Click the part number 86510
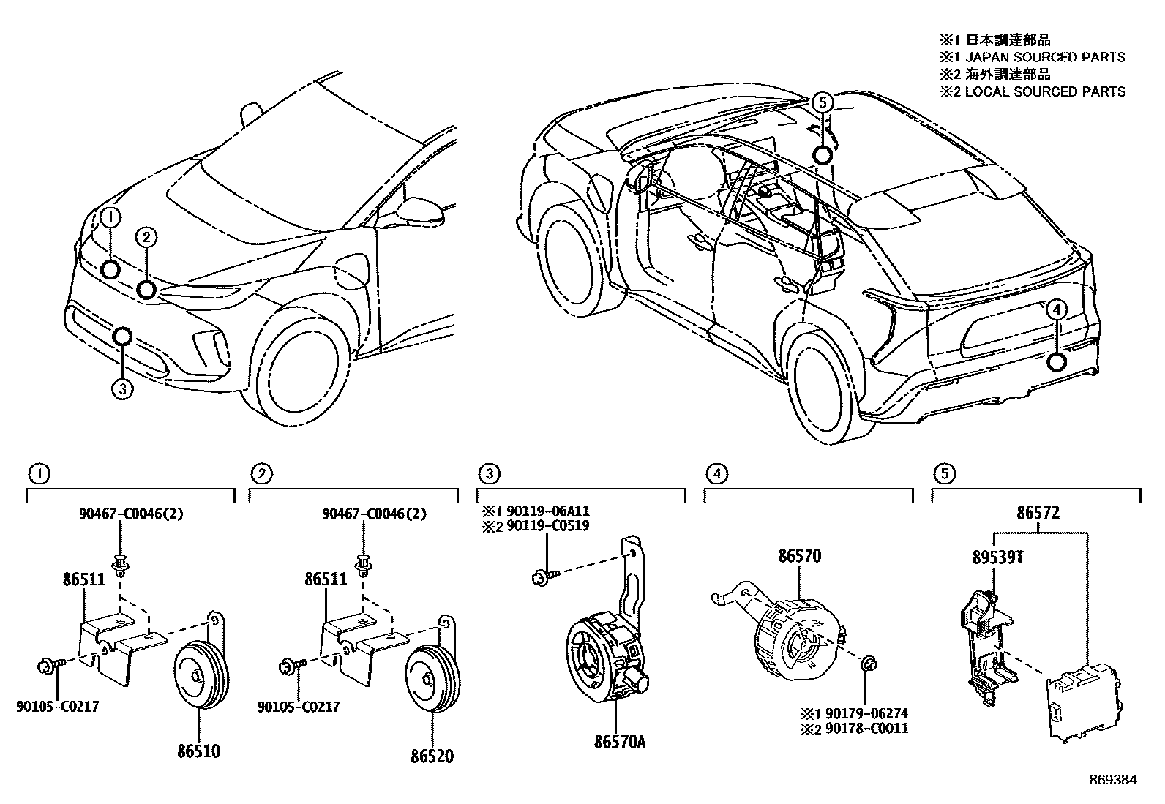pyautogui.click(x=198, y=751)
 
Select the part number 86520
pyautogui.click(x=432, y=756)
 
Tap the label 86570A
pyautogui.click(x=619, y=742)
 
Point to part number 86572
pyautogui.click(x=1037, y=514)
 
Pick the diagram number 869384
pyautogui.click(x=1112, y=781)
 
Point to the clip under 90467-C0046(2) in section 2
pyautogui.click(x=362, y=565)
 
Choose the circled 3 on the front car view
pyautogui.click(x=122, y=389)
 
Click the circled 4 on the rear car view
pyautogui.click(x=1056, y=311)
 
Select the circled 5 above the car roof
pyautogui.click(x=823, y=104)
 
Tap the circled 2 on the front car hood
pyautogui.click(x=146, y=236)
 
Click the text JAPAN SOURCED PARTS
pyautogui.click(x=1045, y=57)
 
